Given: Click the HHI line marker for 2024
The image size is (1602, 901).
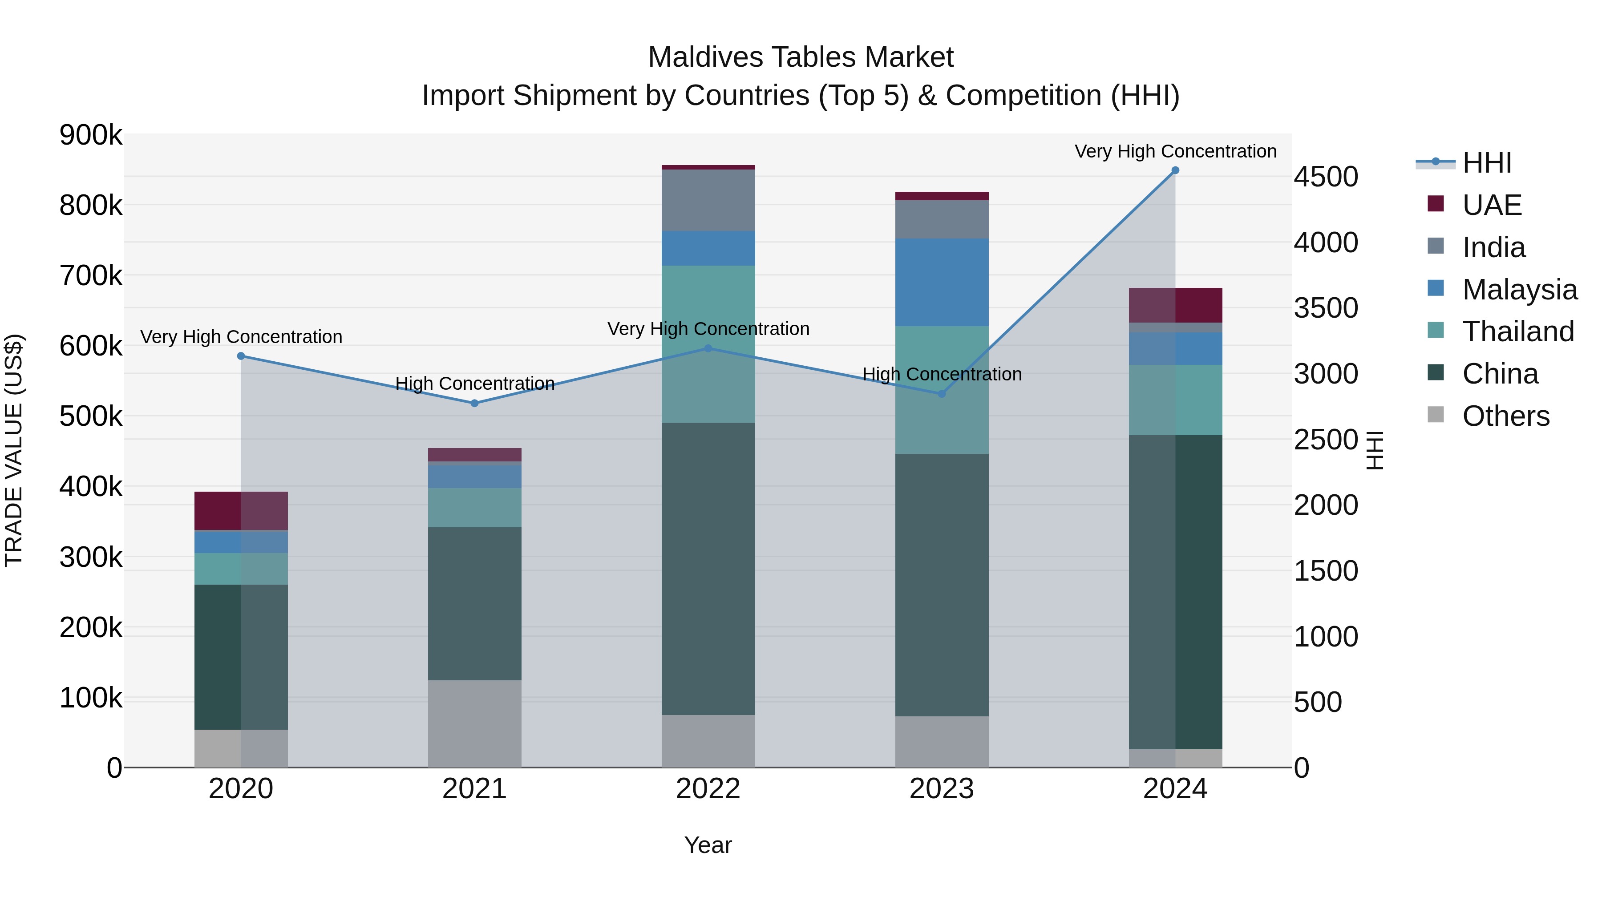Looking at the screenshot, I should coord(1175,170).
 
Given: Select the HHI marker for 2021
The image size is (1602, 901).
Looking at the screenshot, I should coord(474,403).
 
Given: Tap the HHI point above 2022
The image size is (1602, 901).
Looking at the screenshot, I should coord(708,348).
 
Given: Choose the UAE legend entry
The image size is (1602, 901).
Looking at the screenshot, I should coord(1491,205).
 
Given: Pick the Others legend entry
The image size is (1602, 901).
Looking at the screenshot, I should coord(1505,416).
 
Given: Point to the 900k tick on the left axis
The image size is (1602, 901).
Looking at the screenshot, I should coord(91,135).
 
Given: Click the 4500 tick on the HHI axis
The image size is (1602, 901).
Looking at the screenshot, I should coord(1326,177).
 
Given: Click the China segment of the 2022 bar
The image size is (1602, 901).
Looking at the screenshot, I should coord(708,569).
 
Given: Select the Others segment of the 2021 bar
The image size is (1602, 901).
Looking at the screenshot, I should coord(474,723).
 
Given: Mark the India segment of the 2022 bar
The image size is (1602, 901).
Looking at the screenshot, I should coord(708,200).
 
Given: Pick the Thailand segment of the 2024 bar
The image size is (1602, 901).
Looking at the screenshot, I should coord(1175,400).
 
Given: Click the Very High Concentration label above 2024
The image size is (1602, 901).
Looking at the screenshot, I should coord(1175,151).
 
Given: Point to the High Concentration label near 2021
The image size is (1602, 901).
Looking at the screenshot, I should coord(474,384).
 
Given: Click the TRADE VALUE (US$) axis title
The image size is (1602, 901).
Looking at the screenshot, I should coord(14,450).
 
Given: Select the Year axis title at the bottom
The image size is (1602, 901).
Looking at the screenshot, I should coord(708,845).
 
